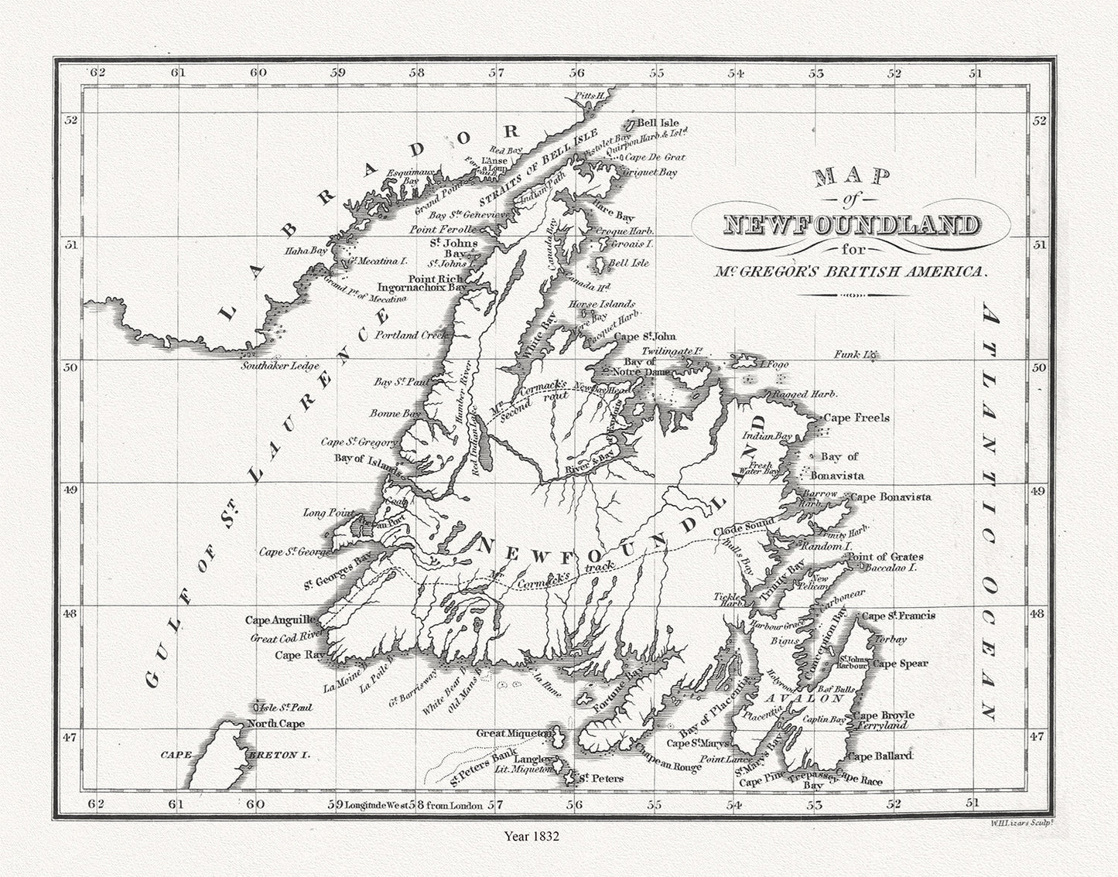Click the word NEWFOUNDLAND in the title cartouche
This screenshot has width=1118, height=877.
point(850,226)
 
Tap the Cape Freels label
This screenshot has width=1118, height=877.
point(856,418)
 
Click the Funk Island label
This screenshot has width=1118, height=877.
point(854,355)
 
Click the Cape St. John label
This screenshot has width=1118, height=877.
point(645,336)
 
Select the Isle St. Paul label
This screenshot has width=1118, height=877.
point(279,707)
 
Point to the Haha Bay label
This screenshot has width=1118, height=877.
point(308,251)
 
